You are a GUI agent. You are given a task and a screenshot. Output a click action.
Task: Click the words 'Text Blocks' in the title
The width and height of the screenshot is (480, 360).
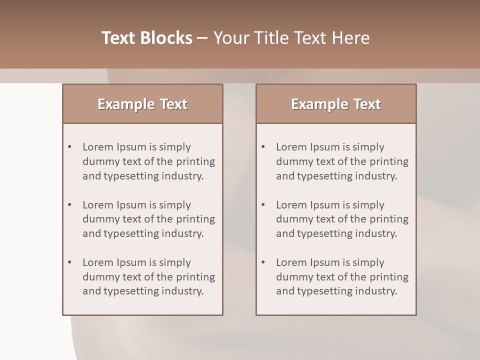point(147,38)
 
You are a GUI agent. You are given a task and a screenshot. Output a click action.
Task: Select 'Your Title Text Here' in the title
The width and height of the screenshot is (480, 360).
point(291,38)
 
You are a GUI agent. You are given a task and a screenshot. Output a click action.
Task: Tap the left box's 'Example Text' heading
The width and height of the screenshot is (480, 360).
point(142,104)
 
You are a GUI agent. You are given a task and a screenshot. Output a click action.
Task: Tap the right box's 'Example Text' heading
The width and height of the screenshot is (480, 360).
point(336,104)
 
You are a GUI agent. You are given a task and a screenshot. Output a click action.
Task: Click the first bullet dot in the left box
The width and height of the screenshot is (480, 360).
point(69,147)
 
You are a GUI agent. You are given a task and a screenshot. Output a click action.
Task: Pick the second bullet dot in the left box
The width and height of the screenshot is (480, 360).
point(69,205)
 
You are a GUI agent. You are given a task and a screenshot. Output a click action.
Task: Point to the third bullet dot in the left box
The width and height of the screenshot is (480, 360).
point(69,262)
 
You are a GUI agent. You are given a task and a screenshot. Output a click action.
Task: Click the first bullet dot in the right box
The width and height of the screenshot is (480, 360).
point(263,147)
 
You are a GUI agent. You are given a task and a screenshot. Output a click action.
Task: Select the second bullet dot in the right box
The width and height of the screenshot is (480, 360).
point(263,205)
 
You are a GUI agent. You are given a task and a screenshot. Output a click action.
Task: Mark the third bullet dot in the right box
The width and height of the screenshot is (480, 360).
point(263,262)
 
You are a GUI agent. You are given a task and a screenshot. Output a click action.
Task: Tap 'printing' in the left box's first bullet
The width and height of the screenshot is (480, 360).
point(196,161)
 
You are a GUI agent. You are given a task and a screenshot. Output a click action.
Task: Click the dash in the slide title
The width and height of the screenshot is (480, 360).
point(203,38)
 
